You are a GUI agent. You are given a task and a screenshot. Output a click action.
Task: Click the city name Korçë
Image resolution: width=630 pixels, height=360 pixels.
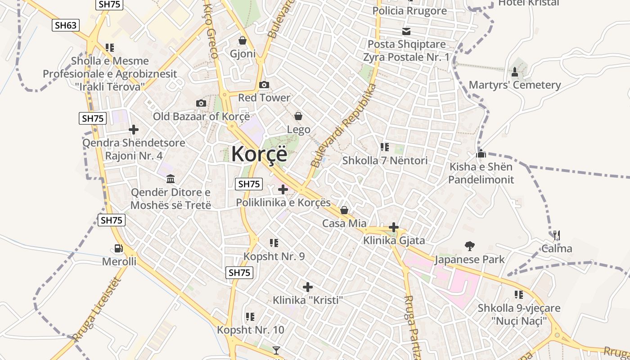pos(259,154)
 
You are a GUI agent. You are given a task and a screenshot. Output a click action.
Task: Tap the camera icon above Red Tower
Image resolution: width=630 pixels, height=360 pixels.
pos(264,85)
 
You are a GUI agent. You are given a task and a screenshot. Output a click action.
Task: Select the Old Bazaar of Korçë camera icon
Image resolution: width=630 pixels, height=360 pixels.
pos(201,103)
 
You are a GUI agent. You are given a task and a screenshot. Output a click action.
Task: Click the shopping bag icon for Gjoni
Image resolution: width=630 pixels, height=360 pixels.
pos(243,41)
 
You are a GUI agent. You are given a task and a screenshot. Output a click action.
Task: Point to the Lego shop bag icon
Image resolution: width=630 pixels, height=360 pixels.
pos(298,117)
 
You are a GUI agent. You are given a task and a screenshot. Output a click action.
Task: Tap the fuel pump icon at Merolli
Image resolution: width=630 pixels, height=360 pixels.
pos(118,248)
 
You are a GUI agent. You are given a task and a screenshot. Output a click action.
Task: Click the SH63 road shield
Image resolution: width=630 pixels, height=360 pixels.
pos(66,25)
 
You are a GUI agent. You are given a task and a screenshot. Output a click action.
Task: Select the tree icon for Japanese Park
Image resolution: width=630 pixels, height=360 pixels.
pos(469,246)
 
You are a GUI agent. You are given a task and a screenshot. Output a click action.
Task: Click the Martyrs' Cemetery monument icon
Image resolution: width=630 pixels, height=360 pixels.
pos(515,72)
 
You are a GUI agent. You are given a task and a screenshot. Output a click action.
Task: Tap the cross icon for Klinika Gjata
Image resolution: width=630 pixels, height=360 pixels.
pos(394,227)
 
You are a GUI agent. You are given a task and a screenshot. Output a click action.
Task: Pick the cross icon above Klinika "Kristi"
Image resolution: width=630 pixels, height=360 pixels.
pos(308,287)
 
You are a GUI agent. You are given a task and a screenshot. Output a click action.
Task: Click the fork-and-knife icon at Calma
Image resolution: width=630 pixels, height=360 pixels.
pos(557,235)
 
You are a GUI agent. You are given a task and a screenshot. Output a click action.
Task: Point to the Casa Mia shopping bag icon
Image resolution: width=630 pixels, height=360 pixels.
pos(344,210)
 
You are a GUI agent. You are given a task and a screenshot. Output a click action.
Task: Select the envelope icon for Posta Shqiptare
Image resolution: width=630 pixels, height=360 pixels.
pos(406,31)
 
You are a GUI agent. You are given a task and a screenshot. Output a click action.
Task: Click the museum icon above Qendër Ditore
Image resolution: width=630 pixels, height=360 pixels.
pos(171,180)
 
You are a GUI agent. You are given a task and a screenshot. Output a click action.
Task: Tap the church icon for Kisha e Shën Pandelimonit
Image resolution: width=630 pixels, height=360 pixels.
pos(481,154)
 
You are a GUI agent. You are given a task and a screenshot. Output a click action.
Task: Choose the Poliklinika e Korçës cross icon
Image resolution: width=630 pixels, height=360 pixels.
pos(283,189)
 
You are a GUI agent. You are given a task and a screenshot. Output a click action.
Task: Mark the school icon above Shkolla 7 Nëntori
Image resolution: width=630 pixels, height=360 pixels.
pos(385,147)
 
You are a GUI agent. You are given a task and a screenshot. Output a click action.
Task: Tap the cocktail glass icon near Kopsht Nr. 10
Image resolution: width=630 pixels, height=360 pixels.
pos(276,350)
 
